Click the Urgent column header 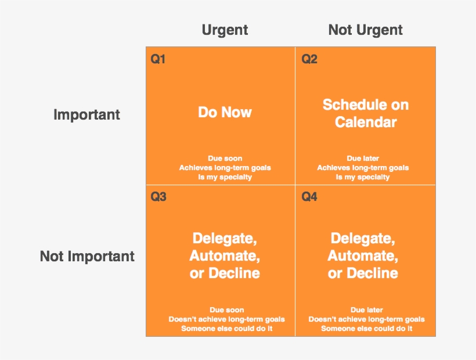coord(225,30)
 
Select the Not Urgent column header coord(365,30)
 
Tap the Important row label coord(86,115)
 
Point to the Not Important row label coord(87,256)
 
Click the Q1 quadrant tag coord(158,59)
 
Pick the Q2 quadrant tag coord(309,59)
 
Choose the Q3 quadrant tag coord(158,197)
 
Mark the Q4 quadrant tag coord(309,197)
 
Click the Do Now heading coord(225,112)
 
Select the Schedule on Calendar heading coord(366,113)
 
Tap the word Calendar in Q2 coord(366,123)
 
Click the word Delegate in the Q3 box coord(225,238)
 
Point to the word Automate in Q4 coord(363,255)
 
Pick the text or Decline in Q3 coord(225,273)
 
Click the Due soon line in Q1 coord(225,159)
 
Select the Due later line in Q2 coord(362,159)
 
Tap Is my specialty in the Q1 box coord(225,177)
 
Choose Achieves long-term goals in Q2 coord(363,168)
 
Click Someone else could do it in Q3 coord(227,329)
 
